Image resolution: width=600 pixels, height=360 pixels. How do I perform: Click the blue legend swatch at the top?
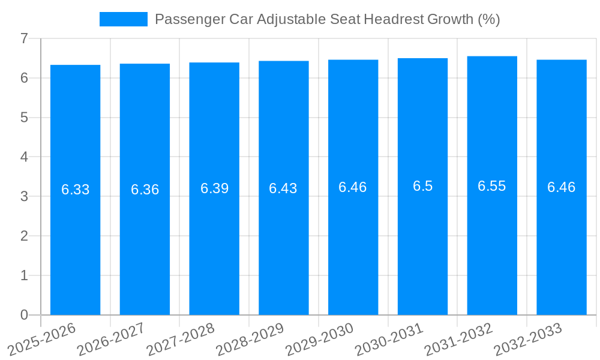pyautogui.click(x=123, y=19)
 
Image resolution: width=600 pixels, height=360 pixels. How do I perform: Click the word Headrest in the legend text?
pyautogui.click(x=393, y=19)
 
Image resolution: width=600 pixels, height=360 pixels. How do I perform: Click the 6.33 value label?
pyautogui.click(x=75, y=190)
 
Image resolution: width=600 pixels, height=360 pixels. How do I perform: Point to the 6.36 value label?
pyautogui.click(x=145, y=190)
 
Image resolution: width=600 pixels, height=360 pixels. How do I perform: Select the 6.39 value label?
pyautogui.click(x=214, y=188)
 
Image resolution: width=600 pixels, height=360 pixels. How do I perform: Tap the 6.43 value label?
pyautogui.click(x=283, y=188)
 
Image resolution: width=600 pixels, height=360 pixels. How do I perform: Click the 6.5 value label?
pyautogui.click(x=422, y=186)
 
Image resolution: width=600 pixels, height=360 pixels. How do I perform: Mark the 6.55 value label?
pyautogui.click(x=492, y=186)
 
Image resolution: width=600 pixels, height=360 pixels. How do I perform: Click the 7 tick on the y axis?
pyautogui.click(x=24, y=38)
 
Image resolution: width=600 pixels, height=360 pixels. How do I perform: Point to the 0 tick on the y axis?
pyautogui.click(x=24, y=315)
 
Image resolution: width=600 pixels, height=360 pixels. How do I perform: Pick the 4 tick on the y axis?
pyautogui.click(x=24, y=157)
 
